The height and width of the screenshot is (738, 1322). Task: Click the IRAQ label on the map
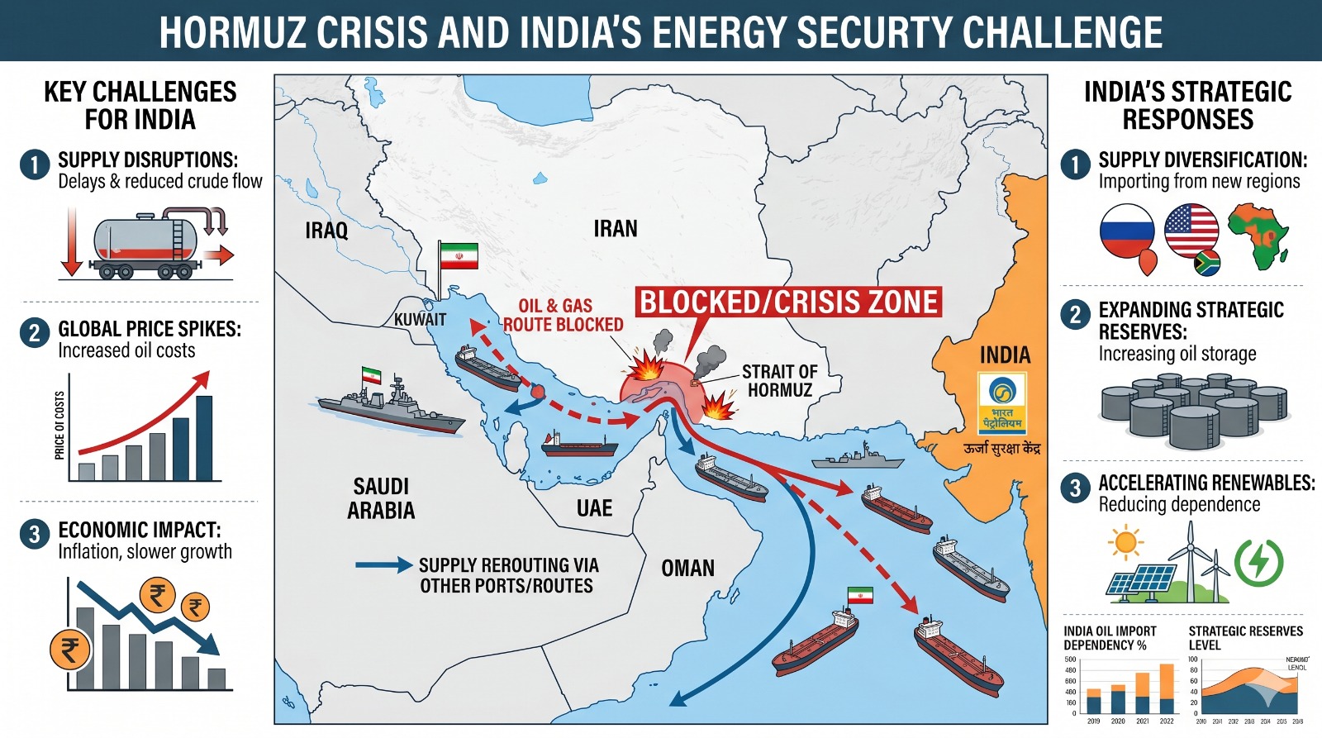326,231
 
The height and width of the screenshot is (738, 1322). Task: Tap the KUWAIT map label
420,320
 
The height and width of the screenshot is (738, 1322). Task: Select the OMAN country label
687,569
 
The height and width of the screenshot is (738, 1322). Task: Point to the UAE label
594,509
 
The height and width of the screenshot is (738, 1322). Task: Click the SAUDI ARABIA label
381,498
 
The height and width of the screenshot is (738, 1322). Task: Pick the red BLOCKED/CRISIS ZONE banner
789,302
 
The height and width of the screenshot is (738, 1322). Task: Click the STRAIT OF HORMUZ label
779,381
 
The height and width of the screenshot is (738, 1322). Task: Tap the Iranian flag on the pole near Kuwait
459,255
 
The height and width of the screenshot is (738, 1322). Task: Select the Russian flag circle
1126,231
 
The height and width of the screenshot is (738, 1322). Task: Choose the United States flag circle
1191,231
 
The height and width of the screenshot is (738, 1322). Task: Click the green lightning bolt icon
1258,561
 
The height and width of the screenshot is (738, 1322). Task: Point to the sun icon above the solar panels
1125,543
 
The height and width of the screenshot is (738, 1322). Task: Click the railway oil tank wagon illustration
147,245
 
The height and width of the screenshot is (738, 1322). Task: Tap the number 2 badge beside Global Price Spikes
34,333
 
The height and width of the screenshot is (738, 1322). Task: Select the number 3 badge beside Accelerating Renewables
1075,488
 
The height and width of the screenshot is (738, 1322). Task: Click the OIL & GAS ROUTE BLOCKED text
563,316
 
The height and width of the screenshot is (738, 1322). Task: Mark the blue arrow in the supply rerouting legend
383,565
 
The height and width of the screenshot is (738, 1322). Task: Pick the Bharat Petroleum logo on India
1001,403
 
